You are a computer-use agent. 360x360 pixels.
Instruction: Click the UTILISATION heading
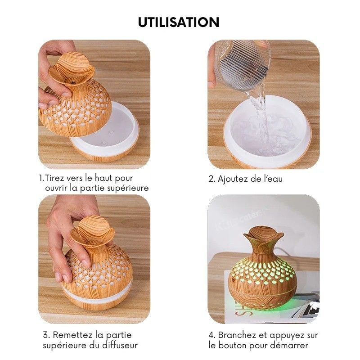[x=179, y=22]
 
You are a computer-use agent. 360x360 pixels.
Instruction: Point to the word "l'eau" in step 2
[x=273, y=179]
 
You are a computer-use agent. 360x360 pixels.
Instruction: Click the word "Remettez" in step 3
[x=73, y=335]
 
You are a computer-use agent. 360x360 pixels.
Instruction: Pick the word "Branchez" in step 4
[x=237, y=335]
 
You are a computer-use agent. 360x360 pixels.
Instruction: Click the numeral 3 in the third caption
[x=46, y=335]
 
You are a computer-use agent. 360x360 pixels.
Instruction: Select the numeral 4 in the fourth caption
[x=211, y=335]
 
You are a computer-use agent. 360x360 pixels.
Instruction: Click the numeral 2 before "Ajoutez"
[x=211, y=179]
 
